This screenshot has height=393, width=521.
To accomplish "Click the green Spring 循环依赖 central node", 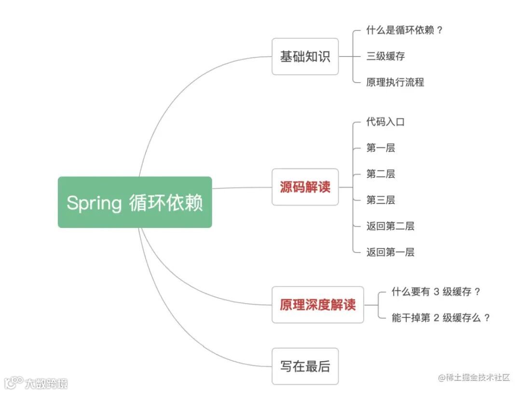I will click(x=135, y=202).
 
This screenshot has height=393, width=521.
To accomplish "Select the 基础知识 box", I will click(x=305, y=56).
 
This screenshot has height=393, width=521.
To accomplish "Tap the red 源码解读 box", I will click(x=305, y=187).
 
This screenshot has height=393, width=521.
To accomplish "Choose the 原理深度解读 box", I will click(x=317, y=305).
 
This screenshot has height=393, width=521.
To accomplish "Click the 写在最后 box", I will click(x=305, y=366).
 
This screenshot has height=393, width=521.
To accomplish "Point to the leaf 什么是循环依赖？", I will click(x=404, y=30).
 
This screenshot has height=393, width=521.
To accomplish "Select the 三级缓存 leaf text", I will click(x=385, y=56).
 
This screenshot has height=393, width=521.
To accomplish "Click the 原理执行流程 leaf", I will click(x=395, y=82).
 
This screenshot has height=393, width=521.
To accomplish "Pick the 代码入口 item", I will click(x=385, y=122).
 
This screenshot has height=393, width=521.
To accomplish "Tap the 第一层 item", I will click(x=381, y=148).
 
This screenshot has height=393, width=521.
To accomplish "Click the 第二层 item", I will click(x=381, y=174).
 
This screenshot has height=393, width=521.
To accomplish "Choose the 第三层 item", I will click(x=381, y=200).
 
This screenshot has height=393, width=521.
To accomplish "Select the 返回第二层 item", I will click(x=390, y=226).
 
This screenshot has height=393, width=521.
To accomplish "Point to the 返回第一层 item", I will click(x=390, y=252).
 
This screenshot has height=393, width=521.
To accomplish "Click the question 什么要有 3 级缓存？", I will click(x=436, y=292).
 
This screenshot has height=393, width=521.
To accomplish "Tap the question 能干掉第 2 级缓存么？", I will click(x=441, y=318).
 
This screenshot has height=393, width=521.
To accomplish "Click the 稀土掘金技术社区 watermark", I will click(x=474, y=378).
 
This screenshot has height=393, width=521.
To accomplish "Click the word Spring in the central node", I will click(x=94, y=203).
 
